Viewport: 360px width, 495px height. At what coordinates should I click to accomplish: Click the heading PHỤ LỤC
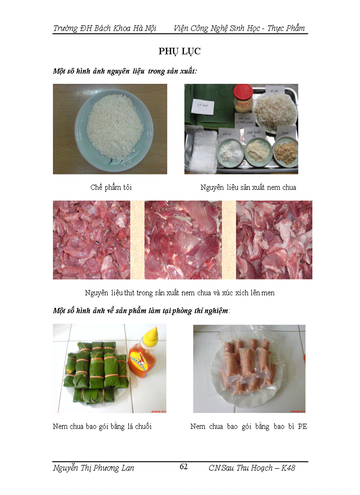click(180, 52)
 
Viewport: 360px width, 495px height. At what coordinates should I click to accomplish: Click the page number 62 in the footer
click(184, 467)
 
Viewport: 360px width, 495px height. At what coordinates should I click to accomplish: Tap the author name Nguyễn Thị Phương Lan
click(94, 468)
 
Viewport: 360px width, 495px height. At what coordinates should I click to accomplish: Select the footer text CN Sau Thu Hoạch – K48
click(251, 468)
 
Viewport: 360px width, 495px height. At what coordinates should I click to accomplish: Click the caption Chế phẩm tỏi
click(111, 187)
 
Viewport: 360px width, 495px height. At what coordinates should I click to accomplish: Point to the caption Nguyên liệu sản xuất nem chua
click(248, 187)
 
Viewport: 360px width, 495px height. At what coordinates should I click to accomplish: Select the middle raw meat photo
click(183, 240)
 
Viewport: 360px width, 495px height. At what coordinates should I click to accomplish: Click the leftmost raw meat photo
click(91, 240)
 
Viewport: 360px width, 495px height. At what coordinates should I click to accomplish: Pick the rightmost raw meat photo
click(274, 240)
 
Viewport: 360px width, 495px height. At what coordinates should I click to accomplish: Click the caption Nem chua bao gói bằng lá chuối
click(102, 427)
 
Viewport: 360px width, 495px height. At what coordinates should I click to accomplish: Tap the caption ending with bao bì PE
click(248, 427)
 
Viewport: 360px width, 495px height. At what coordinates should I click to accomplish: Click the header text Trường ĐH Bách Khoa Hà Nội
click(105, 28)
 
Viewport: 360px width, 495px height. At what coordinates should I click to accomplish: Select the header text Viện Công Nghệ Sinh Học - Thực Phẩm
click(239, 28)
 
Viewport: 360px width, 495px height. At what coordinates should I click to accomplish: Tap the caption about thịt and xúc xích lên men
click(180, 293)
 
